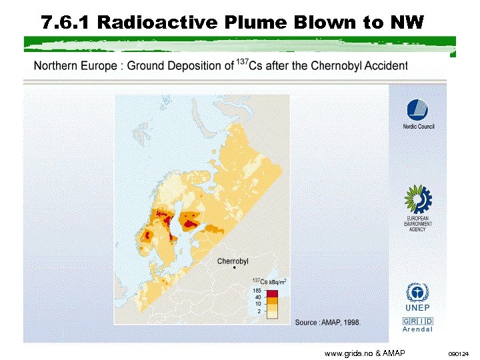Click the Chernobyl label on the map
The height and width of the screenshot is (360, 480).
233,261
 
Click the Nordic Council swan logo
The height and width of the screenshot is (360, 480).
417,110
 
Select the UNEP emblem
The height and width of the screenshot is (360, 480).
417,293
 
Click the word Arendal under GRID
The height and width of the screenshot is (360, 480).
417,329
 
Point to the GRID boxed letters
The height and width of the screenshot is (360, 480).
417,321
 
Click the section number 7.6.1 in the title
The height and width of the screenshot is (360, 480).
65,23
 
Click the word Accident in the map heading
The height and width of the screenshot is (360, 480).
385,65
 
